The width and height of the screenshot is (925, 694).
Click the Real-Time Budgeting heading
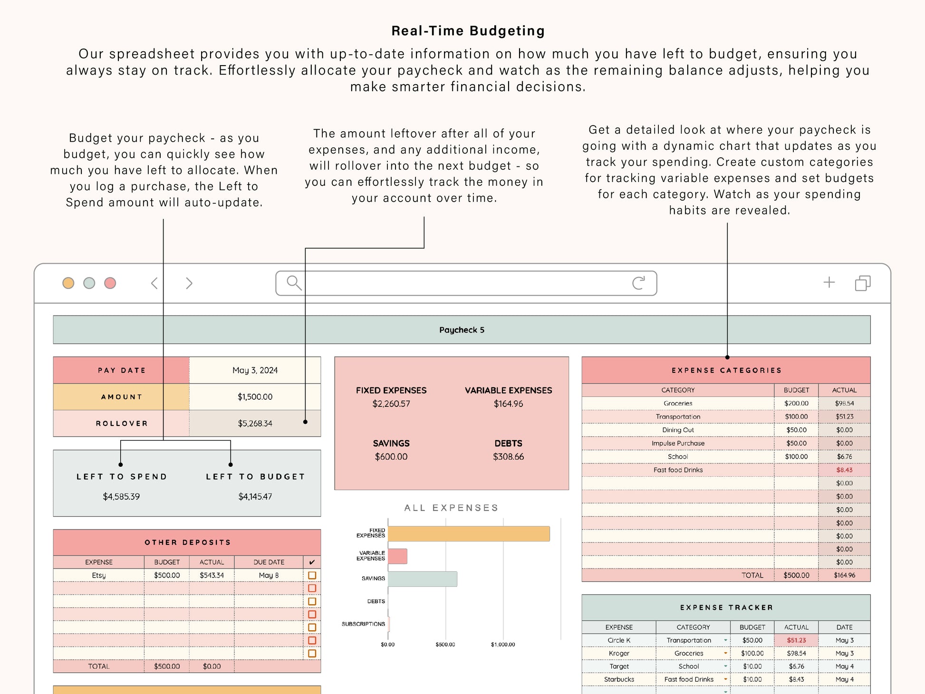[x=468, y=31]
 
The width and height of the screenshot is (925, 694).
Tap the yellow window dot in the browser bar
[x=68, y=283]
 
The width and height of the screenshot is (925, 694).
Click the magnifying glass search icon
[x=294, y=283]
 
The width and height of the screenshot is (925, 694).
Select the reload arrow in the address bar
[x=638, y=283]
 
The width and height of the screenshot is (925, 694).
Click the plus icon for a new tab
[x=829, y=282]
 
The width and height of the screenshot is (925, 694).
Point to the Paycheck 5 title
[x=462, y=330]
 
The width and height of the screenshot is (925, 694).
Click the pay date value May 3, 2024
[x=255, y=370]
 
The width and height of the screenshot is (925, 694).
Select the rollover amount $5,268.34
[x=255, y=424]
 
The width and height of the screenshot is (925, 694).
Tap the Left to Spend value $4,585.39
[x=121, y=497]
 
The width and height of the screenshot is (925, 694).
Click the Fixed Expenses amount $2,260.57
[x=391, y=404]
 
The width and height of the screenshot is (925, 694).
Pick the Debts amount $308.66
[x=508, y=457]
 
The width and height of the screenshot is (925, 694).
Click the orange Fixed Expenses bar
[x=468, y=534]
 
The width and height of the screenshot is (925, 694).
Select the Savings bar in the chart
[x=422, y=579]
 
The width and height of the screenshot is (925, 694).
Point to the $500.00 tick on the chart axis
[x=445, y=645]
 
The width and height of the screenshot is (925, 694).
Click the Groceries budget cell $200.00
[x=796, y=404]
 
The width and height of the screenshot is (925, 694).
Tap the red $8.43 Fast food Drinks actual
[x=844, y=470]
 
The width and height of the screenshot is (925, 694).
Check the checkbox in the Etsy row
[x=312, y=575]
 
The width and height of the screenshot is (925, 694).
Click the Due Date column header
[x=269, y=562]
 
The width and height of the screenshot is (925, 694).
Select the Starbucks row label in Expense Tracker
[x=619, y=680]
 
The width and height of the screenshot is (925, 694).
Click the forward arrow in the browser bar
[x=189, y=283]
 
